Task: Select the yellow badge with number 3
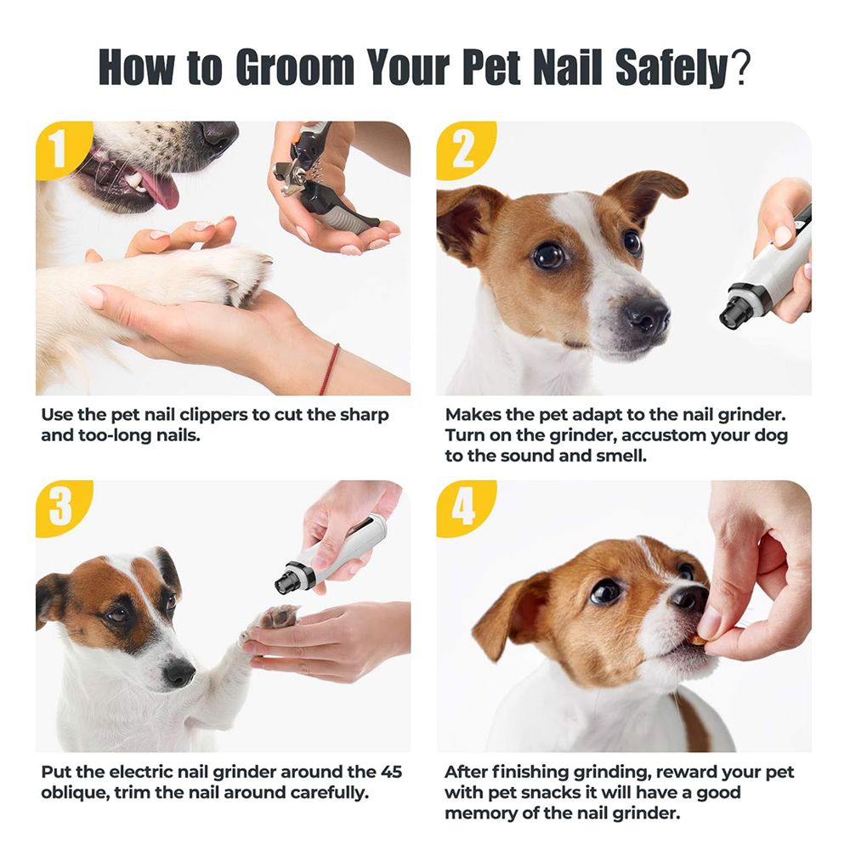[x=61, y=507]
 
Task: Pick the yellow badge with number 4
[x=462, y=507]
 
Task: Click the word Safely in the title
[x=672, y=67]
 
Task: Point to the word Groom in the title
[x=295, y=67]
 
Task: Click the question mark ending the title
[x=740, y=66]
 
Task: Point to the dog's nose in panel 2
[x=647, y=314]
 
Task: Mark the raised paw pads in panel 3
[x=280, y=616]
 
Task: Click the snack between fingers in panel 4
[x=700, y=641]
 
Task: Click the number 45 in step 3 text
[x=391, y=772]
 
